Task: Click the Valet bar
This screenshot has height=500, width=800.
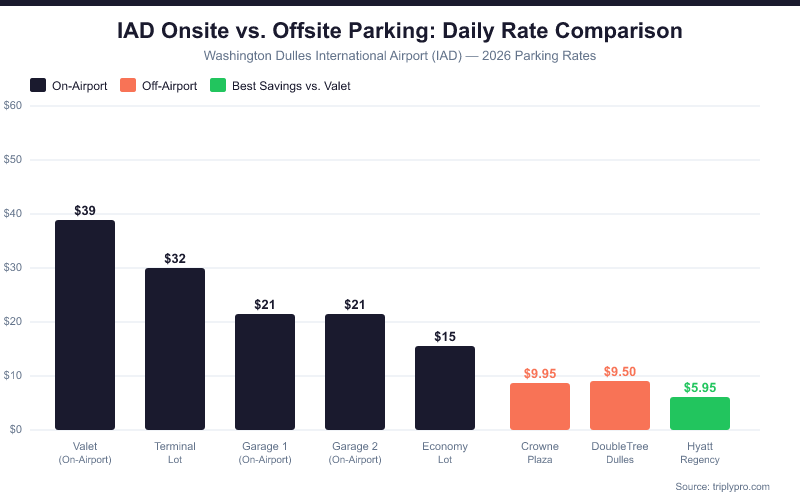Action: pyautogui.click(x=85, y=325)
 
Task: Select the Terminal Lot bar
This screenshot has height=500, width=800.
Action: pyautogui.click(x=175, y=349)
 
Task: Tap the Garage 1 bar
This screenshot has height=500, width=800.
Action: pyautogui.click(x=265, y=372)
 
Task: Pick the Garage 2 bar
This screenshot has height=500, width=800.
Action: pyautogui.click(x=355, y=372)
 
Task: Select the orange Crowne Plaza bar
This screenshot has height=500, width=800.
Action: pyautogui.click(x=540, y=406)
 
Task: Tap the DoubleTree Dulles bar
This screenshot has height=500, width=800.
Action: pyautogui.click(x=620, y=405)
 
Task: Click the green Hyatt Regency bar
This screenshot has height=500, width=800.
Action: pyautogui.click(x=700, y=413)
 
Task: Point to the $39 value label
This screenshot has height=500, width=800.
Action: pyautogui.click(x=85, y=211)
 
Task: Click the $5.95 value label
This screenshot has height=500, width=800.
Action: pyautogui.click(x=700, y=387)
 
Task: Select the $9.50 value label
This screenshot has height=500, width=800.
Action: pyautogui.click(x=620, y=371)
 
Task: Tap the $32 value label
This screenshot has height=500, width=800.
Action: pyautogui.click(x=175, y=258)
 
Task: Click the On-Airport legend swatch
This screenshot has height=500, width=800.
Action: pyautogui.click(x=39, y=85)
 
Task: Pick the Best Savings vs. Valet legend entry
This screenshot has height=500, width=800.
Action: pyautogui.click(x=280, y=85)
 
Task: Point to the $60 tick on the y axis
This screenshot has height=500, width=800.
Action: pyautogui.click(x=13, y=105)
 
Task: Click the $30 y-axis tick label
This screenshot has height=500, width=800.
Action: pyautogui.click(x=13, y=267)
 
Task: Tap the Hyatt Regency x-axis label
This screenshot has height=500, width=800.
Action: pyautogui.click(x=700, y=452)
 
